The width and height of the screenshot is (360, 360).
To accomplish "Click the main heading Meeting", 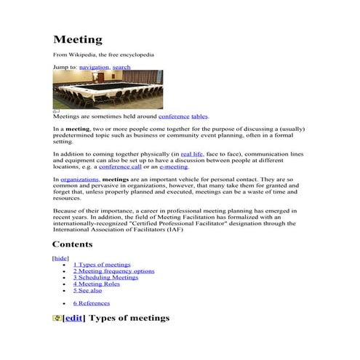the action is pos(78,39).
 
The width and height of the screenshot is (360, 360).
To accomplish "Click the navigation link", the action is pos(94,67).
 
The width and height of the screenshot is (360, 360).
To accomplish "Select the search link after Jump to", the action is pos(121,67).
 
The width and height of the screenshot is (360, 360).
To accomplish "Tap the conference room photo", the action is pos(108,89).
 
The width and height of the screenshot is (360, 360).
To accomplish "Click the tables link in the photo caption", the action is pos(199,116).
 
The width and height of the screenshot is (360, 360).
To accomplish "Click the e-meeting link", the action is pos(173,167).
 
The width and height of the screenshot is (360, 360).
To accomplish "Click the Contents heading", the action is pos(72,244).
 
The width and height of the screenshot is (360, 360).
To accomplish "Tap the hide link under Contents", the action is pos(60,258).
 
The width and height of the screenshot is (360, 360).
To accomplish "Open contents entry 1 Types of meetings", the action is pos(102,265).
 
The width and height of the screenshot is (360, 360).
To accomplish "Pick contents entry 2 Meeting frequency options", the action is pos(113,271).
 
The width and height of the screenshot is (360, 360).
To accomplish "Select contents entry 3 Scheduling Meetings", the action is pos(105,278).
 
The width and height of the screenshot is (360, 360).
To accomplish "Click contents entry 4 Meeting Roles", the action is pos(97,284).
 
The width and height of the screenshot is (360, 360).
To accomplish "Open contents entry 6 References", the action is pos(92,303).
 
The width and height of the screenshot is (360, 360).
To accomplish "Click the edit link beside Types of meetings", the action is pos(73,319).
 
